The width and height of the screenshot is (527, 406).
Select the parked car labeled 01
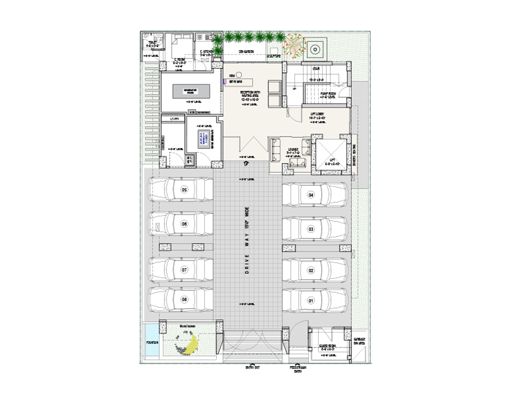(x=314, y=301)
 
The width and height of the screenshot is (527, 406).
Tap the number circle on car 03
(x=311, y=229)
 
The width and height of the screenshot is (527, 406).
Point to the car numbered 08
(x=181, y=300)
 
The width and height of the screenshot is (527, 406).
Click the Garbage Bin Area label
(x=359, y=341)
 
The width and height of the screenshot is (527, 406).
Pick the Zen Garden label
(x=246, y=52)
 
